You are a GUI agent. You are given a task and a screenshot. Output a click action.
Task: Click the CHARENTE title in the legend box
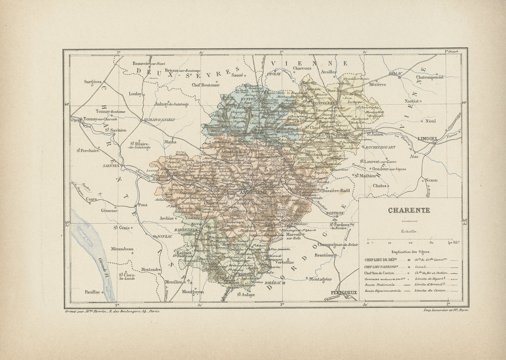coord(409,210)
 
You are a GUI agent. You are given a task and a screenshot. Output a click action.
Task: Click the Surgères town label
coord(92,82)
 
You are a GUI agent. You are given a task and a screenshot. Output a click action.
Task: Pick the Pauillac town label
coord(92,291)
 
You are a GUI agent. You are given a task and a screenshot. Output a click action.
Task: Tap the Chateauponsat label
coord(430,77)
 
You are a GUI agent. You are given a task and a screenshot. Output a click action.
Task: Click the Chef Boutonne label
coord(205,84)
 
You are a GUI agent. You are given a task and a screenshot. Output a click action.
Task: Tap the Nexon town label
coord(431,180)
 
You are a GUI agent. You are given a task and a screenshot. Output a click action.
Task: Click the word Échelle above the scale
coord(409,231)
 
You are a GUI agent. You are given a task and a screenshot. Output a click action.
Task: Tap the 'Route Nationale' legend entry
coord(377,285)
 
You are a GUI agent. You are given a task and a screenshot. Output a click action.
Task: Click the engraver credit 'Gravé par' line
coord(112,311)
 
